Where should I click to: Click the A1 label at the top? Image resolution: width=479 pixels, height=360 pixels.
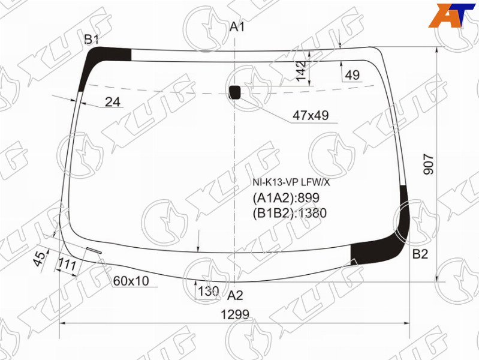coord(237,27)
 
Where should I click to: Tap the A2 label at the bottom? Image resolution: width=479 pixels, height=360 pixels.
coord(235,295)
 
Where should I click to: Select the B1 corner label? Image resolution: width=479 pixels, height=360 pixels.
coord(92,40)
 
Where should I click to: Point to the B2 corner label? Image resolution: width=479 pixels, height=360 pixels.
coord(420,254)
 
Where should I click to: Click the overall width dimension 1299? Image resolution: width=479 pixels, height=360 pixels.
coord(235,314)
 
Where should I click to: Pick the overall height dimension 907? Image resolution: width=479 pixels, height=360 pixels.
coord(429,164)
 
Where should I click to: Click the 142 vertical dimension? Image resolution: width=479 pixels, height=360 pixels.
coord(301,71)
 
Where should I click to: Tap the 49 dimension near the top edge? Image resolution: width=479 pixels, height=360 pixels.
coord(353,75)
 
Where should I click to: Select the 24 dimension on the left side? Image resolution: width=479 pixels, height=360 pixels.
coord(113,102)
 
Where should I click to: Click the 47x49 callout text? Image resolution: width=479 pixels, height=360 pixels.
coord(311,115)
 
